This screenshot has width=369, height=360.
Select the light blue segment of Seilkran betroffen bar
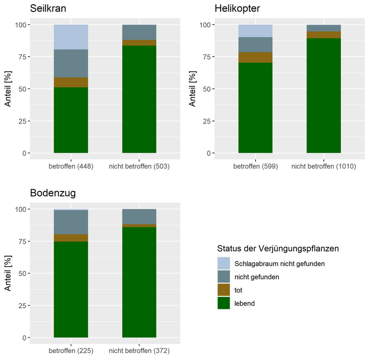pyautogui.click(x=71, y=37)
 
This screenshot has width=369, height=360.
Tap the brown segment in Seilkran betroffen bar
pyautogui.click(x=71, y=82)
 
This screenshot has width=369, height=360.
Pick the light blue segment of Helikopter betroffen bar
pyautogui.click(x=255, y=31)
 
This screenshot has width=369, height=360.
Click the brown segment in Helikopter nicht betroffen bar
pyautogui.click(x=323, y=35)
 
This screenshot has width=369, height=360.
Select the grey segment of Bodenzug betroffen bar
pyautogui.click(x=71, y=222)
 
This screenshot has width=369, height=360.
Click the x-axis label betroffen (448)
pyautogui.click(x=71, y=166)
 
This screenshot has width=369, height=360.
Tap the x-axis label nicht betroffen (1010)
pyautogui.click(x=323, y=166)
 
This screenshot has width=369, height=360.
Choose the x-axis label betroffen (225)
pyautogui.click(x=71, y=351)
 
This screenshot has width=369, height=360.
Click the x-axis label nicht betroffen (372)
pyautogui.click(x=139, y=351)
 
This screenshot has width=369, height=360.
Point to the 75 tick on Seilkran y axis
pyautogui.click(x=20, y=57)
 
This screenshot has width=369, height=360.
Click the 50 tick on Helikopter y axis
pyautogui.click(x=205, y=89)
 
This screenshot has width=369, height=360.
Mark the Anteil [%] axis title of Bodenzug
pyautogui.click(x=8, y=273)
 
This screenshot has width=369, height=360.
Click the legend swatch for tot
pyautogui.click(x=224, y=290)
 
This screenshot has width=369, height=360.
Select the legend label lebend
pyautogui.click(x=245, y=303)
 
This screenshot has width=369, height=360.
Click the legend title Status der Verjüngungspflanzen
pyautogui.click(x=278, y=248)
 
